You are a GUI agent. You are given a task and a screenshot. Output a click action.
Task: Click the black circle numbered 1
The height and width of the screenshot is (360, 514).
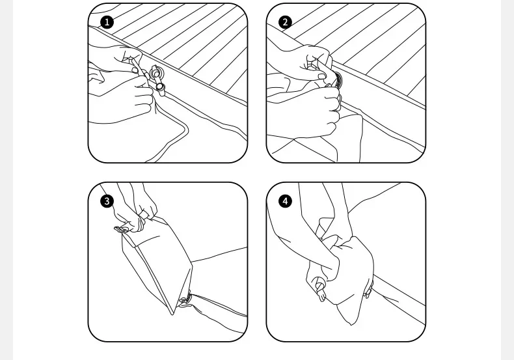[107, 23]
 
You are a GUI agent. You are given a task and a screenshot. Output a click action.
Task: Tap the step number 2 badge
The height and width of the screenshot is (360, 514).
[285, 22]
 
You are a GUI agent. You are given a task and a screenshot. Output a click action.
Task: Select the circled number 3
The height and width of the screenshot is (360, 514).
[107, 201]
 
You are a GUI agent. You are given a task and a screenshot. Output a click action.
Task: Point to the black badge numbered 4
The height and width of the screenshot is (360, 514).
[285, 201]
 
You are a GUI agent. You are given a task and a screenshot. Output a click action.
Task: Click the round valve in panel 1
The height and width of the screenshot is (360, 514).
[155, 72]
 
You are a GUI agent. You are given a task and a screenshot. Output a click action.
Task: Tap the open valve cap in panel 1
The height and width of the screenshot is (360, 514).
[160, 87]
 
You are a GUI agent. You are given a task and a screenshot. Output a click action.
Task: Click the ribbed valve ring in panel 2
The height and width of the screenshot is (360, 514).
[338, 79]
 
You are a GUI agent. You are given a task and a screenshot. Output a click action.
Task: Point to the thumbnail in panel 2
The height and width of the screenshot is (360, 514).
[321, 76]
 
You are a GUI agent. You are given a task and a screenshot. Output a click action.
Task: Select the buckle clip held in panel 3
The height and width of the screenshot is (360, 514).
[122, 229]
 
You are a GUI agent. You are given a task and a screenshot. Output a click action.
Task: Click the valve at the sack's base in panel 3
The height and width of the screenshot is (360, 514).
[185, 300]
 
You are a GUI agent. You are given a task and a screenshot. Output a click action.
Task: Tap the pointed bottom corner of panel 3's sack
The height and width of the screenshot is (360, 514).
[172, 313]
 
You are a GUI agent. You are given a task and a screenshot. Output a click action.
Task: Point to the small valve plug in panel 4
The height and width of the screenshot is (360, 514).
[319, 288]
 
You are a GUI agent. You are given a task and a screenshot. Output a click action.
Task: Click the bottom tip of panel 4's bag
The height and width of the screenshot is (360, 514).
[351, 324]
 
